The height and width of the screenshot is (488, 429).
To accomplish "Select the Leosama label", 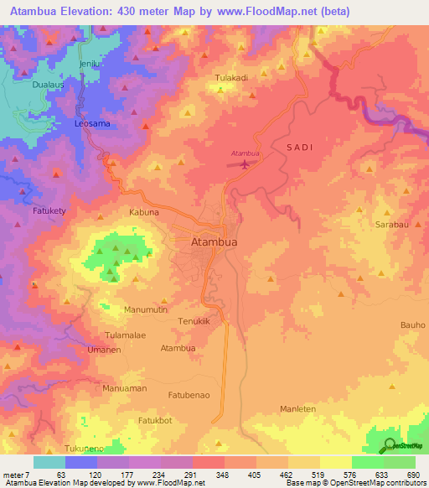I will (92, 123).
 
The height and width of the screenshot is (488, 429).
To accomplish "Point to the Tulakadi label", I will (231, 78).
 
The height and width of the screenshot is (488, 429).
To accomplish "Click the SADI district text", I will (299, 147).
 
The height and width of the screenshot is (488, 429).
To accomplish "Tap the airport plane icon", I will (245, 163).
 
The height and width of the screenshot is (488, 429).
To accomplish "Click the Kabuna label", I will (143, 212).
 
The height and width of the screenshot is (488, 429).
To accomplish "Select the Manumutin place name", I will (147, 309).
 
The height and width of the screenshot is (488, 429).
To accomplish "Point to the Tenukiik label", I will (199, 321).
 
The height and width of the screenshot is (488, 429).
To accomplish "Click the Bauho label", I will (413, 324).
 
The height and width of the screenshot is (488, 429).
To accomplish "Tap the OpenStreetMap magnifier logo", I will (390, 445).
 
